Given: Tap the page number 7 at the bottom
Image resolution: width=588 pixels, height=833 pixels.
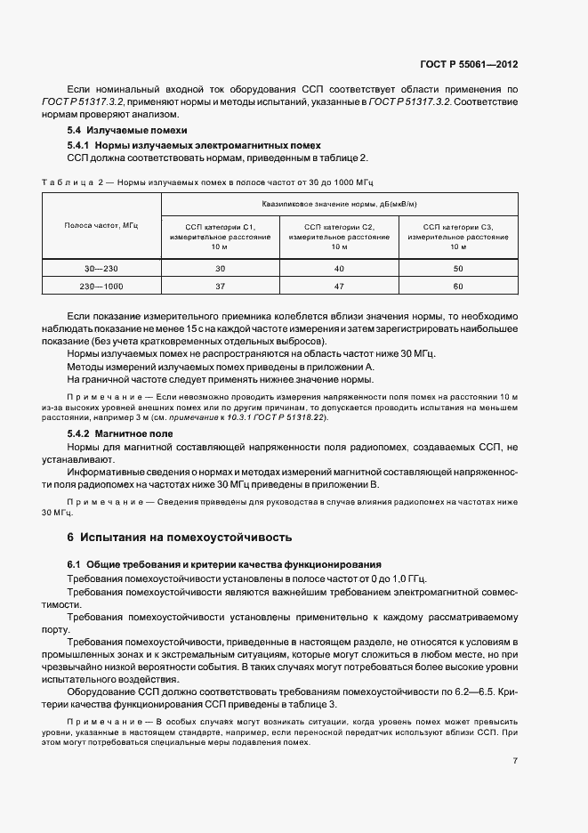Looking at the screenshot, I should tap(516, 761).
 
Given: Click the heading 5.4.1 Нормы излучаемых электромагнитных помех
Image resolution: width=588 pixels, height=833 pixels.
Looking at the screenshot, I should tap(194, 144).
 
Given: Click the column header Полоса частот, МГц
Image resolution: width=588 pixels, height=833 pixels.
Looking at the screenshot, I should tap(101, 227).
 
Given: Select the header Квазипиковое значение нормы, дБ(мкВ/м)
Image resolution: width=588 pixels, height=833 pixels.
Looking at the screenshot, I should tap(339, 204).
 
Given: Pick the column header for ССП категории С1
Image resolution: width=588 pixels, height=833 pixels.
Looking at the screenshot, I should tap(220, 238).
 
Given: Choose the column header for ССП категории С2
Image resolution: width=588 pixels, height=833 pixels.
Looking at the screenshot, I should tap(339, 238).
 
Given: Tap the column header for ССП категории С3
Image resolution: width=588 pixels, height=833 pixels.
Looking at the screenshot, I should tap(457, 238).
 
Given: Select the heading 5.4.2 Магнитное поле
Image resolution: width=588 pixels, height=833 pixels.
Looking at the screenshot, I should tap(120, 433).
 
